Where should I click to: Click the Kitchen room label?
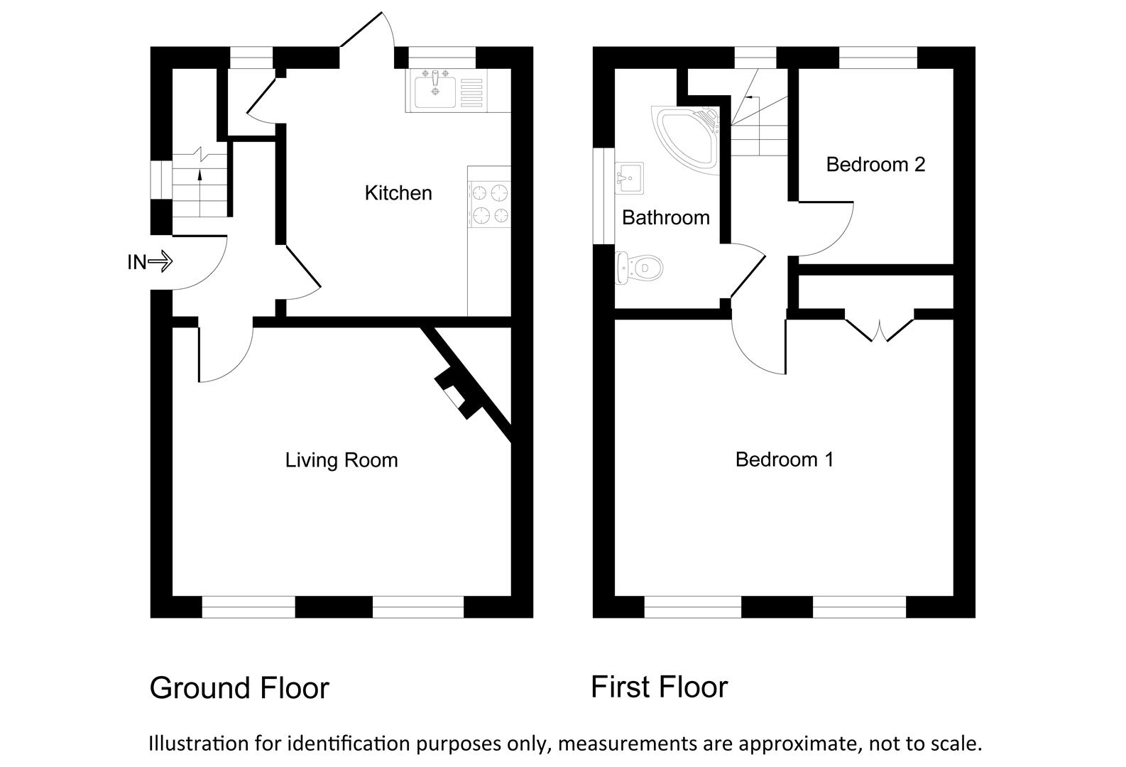point(398,193)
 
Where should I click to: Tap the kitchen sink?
point(434,91)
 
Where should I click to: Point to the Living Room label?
point(341,460)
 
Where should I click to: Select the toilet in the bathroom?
point(640,268)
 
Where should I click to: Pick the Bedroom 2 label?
point(875,165)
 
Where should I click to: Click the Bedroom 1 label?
point(785,459)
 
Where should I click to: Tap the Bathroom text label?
point(665,217)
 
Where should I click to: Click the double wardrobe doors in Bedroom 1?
point(879,329)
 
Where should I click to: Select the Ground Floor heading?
point(239,688)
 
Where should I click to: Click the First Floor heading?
point(659,687)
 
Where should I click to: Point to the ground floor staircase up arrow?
point(199,175)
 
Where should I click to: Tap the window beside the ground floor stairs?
point(160,180)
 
